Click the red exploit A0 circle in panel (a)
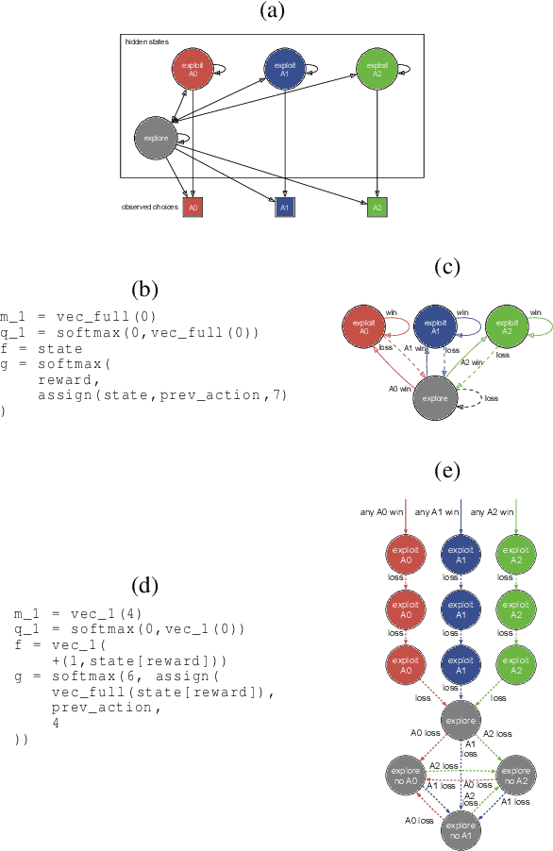[193, 71]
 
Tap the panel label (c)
[448, 267]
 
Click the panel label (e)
[448, 470]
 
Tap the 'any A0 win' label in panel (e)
[381, 513]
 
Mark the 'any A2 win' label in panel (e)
[492, 513]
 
